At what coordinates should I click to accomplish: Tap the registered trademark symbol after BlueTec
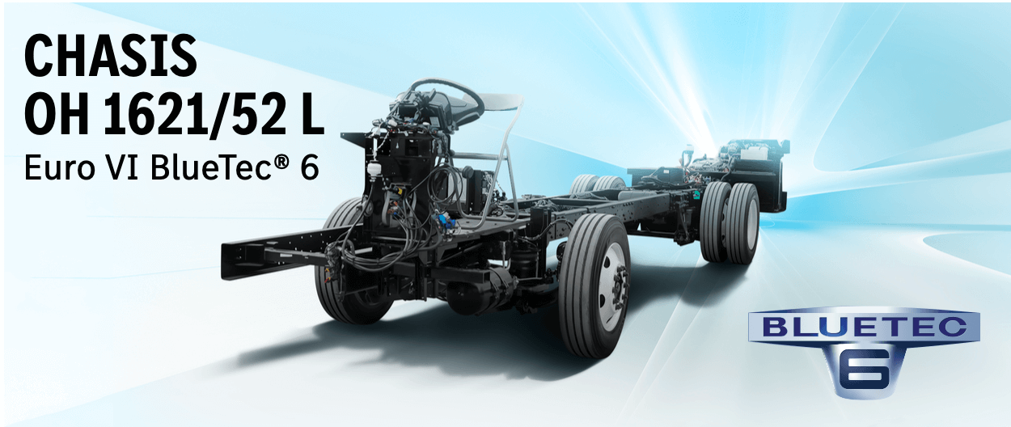click(274, 163)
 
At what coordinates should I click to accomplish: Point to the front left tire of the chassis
click(344, 267)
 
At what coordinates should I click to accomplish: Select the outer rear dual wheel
click(740, 222)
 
